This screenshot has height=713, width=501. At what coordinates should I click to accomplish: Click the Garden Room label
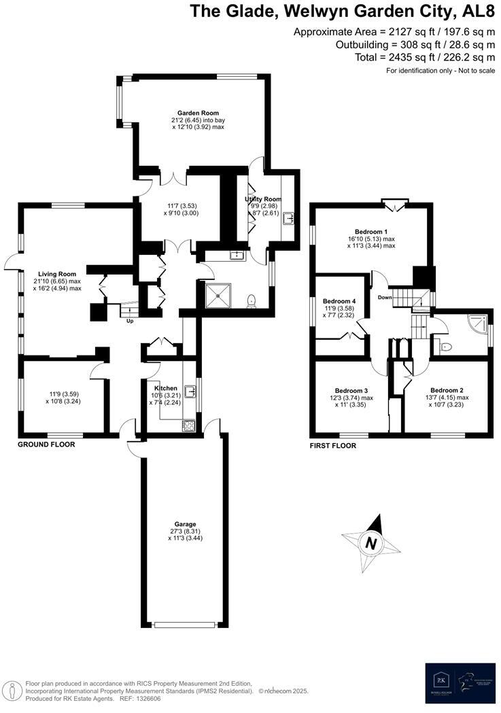click(x=198, y=113)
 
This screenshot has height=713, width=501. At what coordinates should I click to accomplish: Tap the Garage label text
click(x=185, y=524)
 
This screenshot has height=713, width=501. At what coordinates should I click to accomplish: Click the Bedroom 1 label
click(x=370, y=231)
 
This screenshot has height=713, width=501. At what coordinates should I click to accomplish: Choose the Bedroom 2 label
click(x=447, y=390)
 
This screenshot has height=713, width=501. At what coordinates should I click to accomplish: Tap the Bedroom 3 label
click(x=351, y=390)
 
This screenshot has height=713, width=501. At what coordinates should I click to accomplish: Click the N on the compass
click(x=370, y=543)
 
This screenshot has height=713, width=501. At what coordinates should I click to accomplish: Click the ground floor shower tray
click(x=218, y=294)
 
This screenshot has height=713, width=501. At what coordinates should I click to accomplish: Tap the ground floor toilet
click(x=252, y=300)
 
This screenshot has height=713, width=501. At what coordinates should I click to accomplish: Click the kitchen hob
click(x=188, y=425)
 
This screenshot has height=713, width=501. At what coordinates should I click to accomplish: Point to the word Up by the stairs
click(x=130, y=321)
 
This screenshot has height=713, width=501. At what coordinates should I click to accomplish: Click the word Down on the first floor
click(x=385, y=298)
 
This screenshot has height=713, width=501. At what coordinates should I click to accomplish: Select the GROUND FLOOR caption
click(x=46, y=444)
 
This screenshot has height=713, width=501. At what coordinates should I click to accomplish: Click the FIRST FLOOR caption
click(x=333, y=446)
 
